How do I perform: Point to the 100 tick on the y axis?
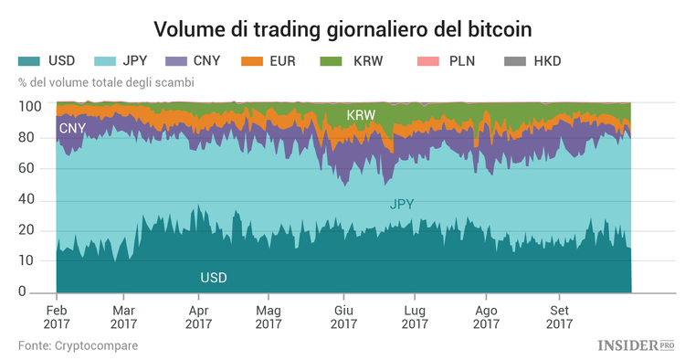(x=30, y=107)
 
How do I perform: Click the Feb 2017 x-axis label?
(x=57, y=316)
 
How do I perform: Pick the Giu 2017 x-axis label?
(x=343, y=316)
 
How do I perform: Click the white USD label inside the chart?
(x=213, y=277)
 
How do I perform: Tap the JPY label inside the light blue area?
(x=402, y=205)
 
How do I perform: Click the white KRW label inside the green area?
(x=361, y=116)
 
